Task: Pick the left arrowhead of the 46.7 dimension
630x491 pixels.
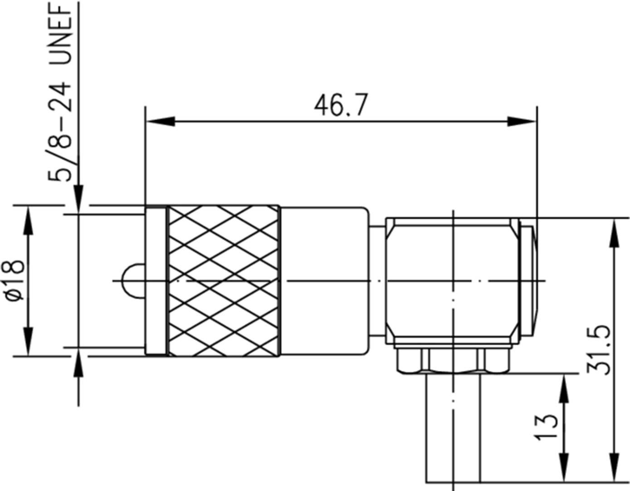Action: coord(160,121)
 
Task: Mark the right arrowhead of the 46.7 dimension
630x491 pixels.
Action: coord(522,121)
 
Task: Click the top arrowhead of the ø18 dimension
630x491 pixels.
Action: coord(29,220)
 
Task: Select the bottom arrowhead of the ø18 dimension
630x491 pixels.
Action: coord(29,341)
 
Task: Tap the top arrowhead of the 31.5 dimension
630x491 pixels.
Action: coord(615,232)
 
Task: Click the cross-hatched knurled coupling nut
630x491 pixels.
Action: coord(223,280)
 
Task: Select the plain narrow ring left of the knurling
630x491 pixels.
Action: coord(156,280)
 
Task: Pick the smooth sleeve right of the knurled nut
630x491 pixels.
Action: coord(323,280)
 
